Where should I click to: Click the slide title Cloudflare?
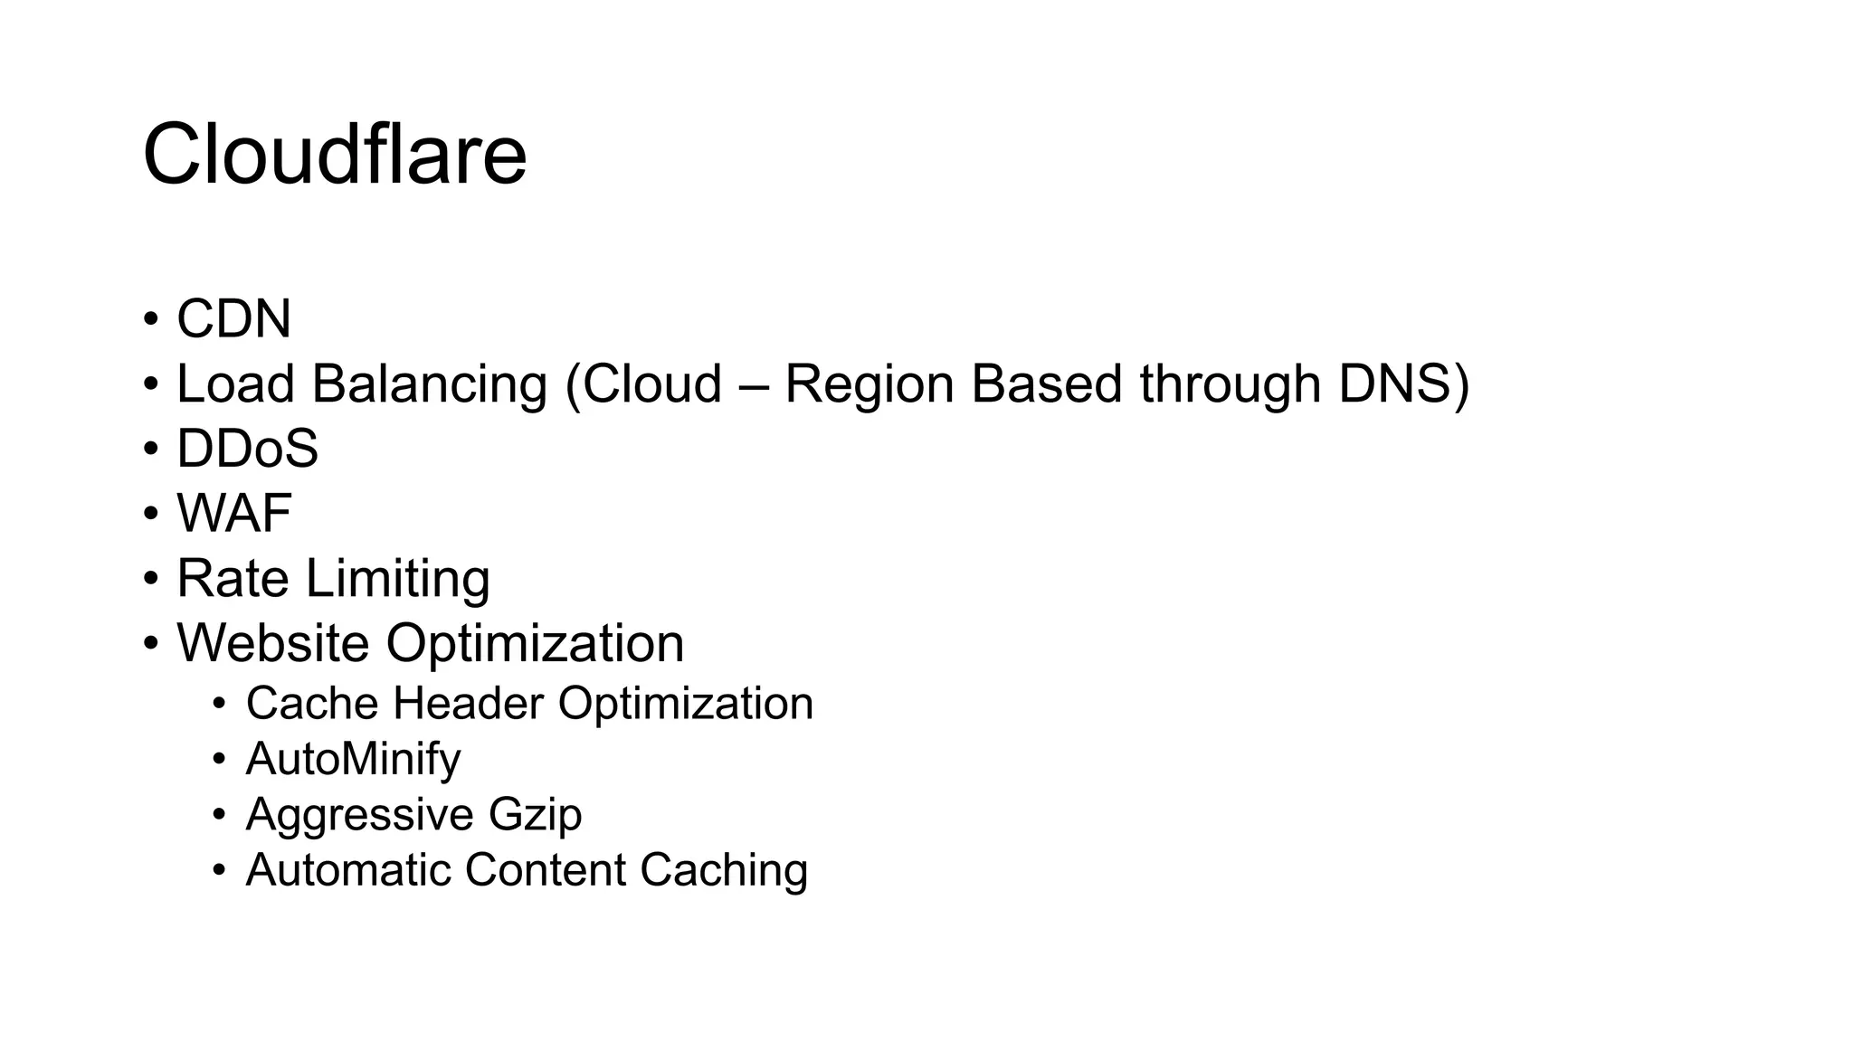click(334, 155)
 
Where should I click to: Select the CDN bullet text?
click(233, 319)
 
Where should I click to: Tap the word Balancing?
click(430, 384)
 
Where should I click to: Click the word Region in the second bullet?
click(869, 384)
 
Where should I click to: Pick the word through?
click(1231, 384)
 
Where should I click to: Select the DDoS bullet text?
click(247, 449)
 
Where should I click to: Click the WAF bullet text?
click(233, 514)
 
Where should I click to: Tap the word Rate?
click(233, 579)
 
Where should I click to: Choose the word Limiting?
click(398, 579)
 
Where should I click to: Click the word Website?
click(272, 643)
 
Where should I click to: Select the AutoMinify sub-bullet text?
click(353, 759)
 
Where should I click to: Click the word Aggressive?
click(359, 814)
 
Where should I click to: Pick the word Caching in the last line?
click(724, 870)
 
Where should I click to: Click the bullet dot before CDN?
click(151, 320)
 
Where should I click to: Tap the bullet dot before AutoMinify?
click(220, 759)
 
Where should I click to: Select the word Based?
click(1047, 384)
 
